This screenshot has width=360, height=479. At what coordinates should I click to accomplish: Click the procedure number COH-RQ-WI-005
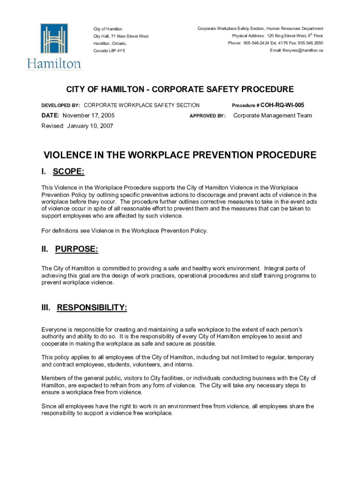(282, 105)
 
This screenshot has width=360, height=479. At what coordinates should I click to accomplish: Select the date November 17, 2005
(88, 116)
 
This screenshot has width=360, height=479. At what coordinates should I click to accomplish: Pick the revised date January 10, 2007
(90, 126)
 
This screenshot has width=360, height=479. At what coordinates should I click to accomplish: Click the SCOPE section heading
(68, 172)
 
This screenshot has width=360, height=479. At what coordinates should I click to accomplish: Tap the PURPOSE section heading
(76, 249)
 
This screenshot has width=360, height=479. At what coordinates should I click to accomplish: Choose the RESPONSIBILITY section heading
(92, 308)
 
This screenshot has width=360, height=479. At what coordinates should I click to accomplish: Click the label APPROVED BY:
(207, 116)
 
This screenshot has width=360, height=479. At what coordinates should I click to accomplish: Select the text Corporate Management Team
(272, 116)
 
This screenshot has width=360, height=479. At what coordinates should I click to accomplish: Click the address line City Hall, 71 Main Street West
(121, 36)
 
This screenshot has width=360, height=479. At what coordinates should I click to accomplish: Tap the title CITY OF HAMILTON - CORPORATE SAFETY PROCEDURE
(180, 89)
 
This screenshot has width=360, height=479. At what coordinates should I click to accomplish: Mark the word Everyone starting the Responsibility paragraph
(56, 329)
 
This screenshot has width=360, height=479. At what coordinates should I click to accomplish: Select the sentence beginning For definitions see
(124, 231)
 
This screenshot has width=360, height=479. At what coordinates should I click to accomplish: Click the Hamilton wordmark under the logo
(54, 64)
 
